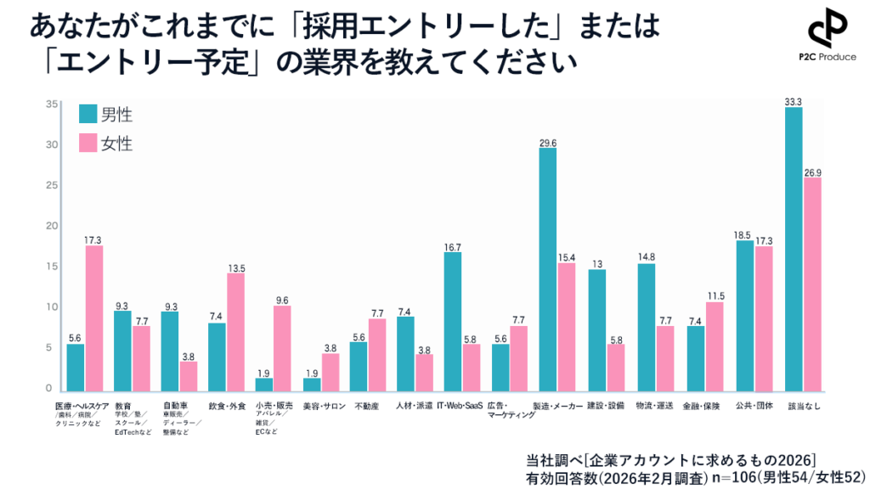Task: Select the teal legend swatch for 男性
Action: click(88, 115)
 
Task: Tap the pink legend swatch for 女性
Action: click(88, 143)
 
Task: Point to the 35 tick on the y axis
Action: click(52, 104)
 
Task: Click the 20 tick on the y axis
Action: click(52, 226)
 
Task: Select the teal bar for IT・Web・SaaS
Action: click(453, 321)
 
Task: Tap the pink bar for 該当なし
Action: click(811, 284)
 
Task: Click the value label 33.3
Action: click(794, 102)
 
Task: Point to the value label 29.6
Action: click(547, 142)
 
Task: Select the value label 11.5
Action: click(715, 295)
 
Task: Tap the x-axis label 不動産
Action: click(366, 407)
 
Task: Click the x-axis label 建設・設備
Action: click(606, 407)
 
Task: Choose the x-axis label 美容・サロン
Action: click(324, 407)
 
